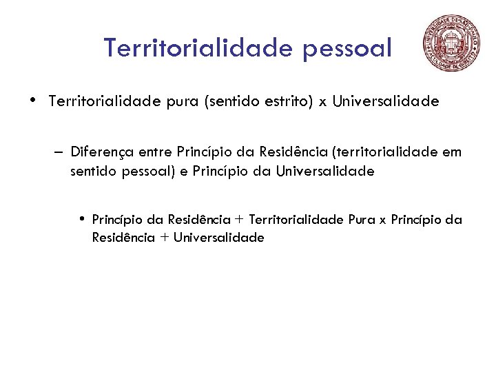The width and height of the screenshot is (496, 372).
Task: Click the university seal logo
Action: pyautogui.click(x=453, y=42)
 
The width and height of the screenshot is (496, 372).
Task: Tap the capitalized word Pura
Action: pyautogui.click(x=360, y=220)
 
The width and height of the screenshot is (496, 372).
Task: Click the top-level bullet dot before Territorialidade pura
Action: pyautogui.click(x=34, y=101)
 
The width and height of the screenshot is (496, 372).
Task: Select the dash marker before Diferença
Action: pyautogui.click(x=56, y=152)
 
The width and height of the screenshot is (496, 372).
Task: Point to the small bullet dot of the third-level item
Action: pyautogui.click(x=81, y=219)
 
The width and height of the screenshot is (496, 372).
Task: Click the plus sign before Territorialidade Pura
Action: pyautogui.click(x=239, y=220)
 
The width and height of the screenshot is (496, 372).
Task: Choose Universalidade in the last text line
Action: pyautogui.click(x=218, y=238)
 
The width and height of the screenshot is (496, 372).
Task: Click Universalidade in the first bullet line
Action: pyautogui.click(x=386, y=102)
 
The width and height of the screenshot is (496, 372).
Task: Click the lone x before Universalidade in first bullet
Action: pyautogui.click(x=322, y=103)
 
